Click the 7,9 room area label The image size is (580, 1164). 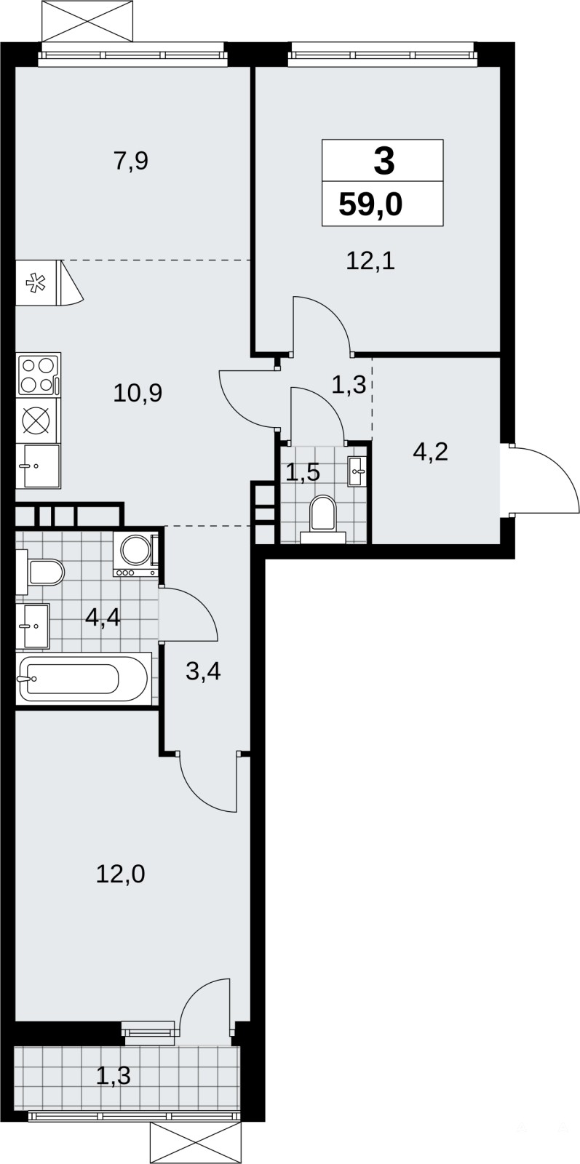click(131, 162)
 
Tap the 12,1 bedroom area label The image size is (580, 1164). click(370, 261)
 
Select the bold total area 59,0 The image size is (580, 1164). click(370, 204)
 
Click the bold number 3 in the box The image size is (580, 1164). click(384, 161)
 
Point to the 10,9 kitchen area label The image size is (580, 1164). click(138, 393)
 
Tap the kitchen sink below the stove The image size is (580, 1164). click(39, 466)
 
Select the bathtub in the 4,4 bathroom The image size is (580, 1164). click(83, 679)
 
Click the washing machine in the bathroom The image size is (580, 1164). click(135, 556)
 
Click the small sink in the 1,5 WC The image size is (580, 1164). click(357, 471)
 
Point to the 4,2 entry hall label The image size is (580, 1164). click(430, 453)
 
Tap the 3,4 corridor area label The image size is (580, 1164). click(203, 671)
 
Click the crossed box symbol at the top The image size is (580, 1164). click(92, 20)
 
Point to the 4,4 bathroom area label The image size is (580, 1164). click(103, 618)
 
